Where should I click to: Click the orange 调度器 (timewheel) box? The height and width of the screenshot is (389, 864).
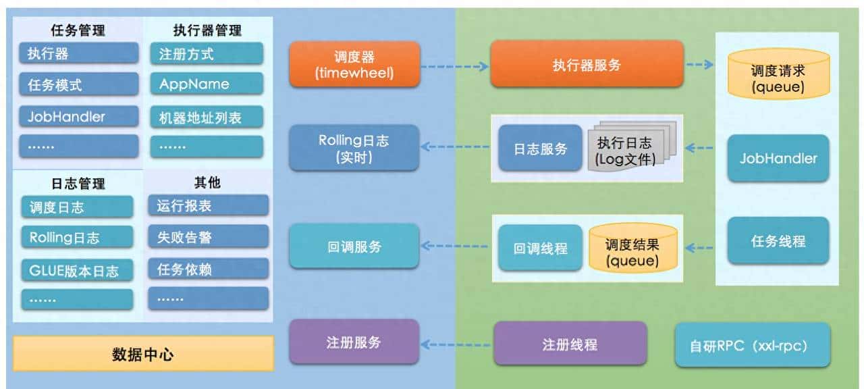click(354, 64)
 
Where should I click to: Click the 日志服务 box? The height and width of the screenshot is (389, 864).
click(540, 149)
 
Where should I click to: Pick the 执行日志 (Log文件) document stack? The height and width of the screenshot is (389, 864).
click(625, 150)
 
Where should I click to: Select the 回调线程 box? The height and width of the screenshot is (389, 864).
click(540, 248)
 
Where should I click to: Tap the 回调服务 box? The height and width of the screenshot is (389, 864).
click(354, 246)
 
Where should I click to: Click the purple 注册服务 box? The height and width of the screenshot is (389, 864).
click(354, 342)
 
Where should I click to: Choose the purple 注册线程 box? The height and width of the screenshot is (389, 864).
click(570, 344)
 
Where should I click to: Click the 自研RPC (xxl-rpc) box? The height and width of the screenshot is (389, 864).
click(753, 345)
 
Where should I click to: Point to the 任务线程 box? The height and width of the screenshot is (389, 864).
click(778, 240)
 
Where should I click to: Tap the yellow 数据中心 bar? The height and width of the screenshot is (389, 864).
click(143, 354)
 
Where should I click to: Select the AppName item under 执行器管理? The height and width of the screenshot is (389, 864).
click(207, 84)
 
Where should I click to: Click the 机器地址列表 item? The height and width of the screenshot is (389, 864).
click(207, 117)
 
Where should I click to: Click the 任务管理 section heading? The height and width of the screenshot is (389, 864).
click(78, 30)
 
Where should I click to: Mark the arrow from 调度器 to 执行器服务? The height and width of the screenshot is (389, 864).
click(455, 66)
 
